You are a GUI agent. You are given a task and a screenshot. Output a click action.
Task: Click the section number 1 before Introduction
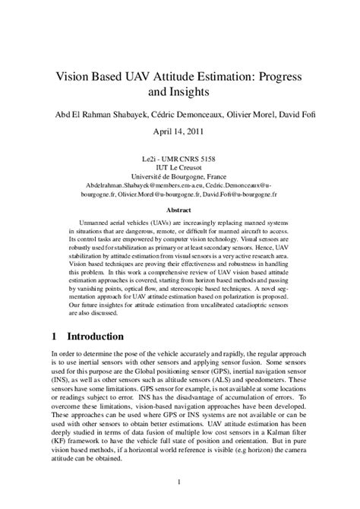[55, 335]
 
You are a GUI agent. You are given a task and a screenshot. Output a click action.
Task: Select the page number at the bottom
[179, 481]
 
